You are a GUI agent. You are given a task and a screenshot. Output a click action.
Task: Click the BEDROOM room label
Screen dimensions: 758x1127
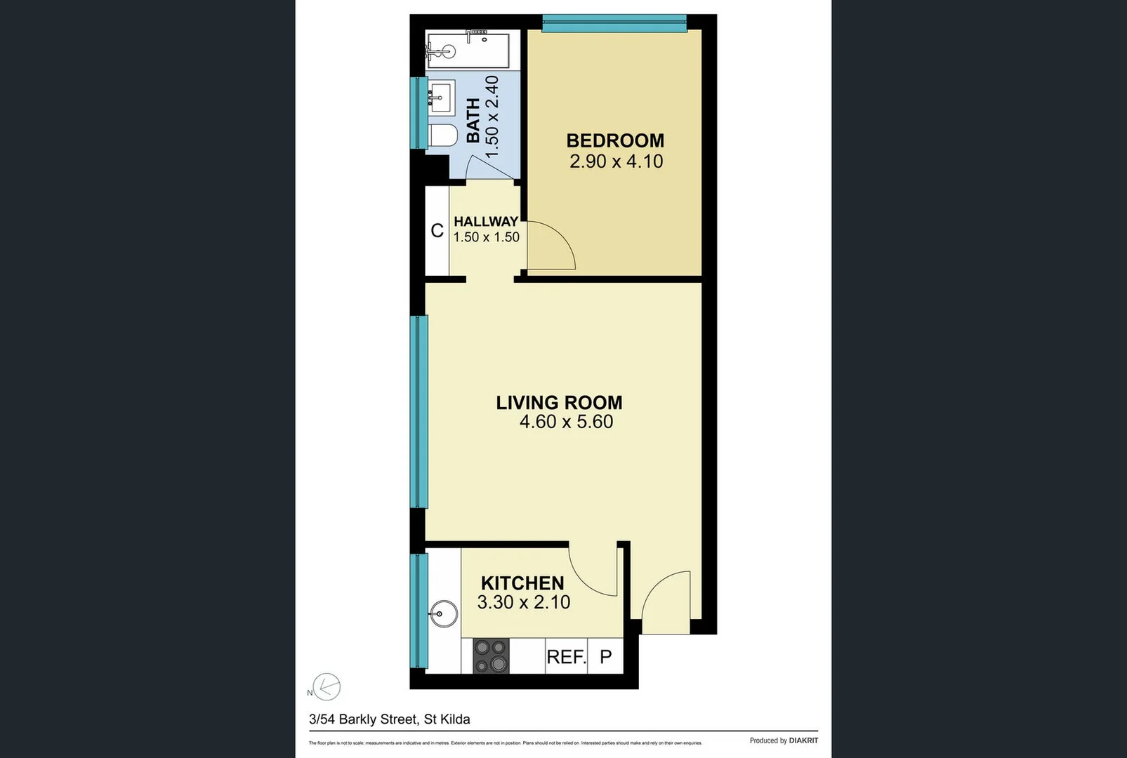click(615, 140)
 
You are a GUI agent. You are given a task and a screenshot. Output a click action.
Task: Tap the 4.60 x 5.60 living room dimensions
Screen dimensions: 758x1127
click(566, 422)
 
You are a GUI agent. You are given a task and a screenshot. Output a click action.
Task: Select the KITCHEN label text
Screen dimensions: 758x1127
click(522, 583)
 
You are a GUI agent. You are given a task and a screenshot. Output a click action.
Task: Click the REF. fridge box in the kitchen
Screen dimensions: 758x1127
click(566, 657)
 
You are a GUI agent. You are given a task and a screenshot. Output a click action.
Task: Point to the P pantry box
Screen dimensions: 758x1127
click(605, 657)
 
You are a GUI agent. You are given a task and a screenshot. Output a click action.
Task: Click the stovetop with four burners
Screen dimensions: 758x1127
click(491, 656)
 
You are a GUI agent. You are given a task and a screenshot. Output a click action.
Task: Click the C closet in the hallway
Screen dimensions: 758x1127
click(437, 230)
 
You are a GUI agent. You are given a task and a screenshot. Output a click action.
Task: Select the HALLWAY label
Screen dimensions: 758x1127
click(486, 222)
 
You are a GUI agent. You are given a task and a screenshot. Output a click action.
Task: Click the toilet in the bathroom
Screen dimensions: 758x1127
click(442, 136)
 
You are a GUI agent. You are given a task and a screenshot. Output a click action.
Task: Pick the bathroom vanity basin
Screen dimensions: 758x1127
click(442, 96)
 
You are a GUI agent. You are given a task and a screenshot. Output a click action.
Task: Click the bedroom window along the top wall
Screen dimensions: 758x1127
click(614, 24)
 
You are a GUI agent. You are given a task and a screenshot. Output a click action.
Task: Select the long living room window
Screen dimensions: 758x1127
click(419, 411)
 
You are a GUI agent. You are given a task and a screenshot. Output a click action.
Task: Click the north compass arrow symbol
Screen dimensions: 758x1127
click(326, 686)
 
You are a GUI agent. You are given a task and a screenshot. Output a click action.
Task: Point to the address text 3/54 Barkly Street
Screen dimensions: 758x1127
click(389, 719)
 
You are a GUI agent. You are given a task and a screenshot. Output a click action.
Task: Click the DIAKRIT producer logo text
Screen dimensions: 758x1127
click(803, 740)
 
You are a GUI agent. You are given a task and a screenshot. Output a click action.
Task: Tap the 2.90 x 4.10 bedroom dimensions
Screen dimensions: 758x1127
click(616, 161)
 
